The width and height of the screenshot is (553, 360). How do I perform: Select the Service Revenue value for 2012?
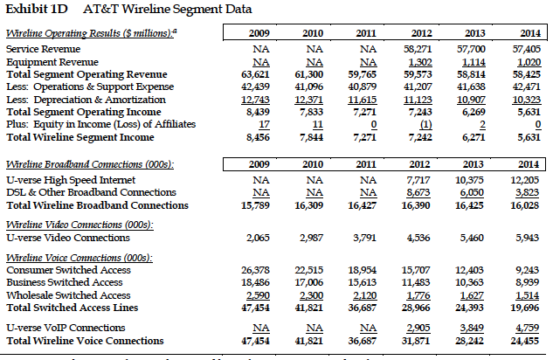click(x=421, y=51)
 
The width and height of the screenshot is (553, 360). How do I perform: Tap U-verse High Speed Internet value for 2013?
click(x=473, y=180)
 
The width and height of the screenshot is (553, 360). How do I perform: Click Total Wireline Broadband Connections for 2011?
click(x=368, y=205)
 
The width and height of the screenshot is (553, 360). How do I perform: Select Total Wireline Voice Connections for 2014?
click(x=523, y=341)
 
